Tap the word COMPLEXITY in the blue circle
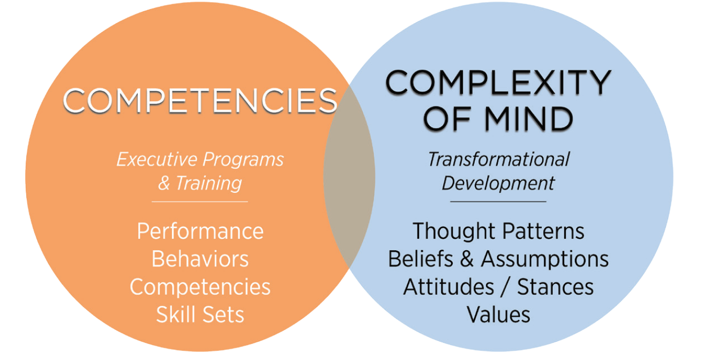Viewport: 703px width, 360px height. click(x=498, y=84)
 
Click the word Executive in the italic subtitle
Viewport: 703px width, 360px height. click(x=157, y=160)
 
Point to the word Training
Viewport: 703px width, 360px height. click(x=208, y=183)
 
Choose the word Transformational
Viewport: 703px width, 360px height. click(x=498, y=159)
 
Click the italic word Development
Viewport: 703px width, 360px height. click(x=498, y=183)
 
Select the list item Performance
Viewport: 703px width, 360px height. click(x=200, y=231)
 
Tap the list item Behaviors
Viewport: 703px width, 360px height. click(x=200, y=259)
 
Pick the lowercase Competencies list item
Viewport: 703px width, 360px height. click(x=200, y=287)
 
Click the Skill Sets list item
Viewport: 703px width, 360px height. click(x=200, y=314)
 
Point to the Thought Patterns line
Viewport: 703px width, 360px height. click(x=498, y=231)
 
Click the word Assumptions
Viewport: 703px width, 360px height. click(x=544, y=259)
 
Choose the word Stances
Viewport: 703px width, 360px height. click(x=555, y=287)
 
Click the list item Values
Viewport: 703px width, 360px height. click(x=498, y=314)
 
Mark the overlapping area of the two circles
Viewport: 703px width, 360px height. click(x=349, y=177)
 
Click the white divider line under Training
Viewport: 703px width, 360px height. click(x=200, y=201)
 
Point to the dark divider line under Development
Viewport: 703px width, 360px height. click(x=498, y=201)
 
